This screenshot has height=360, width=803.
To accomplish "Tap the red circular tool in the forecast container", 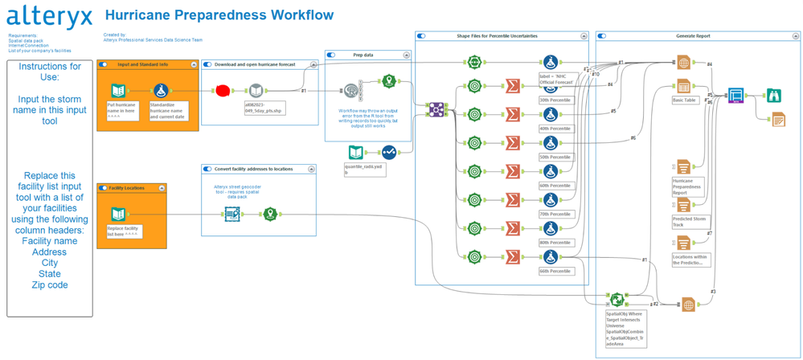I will [x=223, y=90].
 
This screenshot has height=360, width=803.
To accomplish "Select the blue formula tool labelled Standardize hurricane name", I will [x=160, y=91].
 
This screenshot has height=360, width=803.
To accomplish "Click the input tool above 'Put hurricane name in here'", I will [x=118, y=91].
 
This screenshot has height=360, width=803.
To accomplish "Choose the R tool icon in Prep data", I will [x=351, y=92].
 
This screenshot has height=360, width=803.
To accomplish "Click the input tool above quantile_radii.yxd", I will [x=356, y=152].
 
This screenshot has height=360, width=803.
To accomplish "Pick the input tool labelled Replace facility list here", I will [x=118, y=214].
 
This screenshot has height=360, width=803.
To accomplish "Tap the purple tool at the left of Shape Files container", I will [x=436, y=108].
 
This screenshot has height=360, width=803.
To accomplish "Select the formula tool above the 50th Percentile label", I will [x=551, y=143].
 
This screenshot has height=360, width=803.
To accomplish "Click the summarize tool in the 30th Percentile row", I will [x=512, y=86].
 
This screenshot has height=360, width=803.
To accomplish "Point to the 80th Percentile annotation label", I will [x=555, y=242].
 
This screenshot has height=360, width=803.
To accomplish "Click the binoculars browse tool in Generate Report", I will [x=775, y=96].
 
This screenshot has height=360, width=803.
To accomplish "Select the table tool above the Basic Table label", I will [x=683, y=87].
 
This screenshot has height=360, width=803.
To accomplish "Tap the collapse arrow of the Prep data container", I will [x=407, y=55].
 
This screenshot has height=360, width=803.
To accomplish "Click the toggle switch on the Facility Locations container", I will [x=103, y=188].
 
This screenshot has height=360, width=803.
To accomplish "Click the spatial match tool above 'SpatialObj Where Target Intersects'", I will [x=617, y=300].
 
